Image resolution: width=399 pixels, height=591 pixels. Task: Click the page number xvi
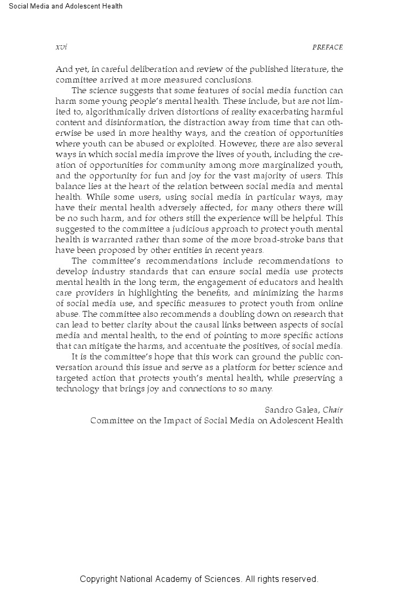pyautogui.click(x=61, y=47)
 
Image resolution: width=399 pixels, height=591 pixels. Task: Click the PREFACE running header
pyautogui.click(x=328, y=47)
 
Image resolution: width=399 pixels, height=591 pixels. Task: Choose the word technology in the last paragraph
pyautogui.click(x=78, y=388)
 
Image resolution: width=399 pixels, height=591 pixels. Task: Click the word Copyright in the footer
pyautogui.click(x=99, y=579)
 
